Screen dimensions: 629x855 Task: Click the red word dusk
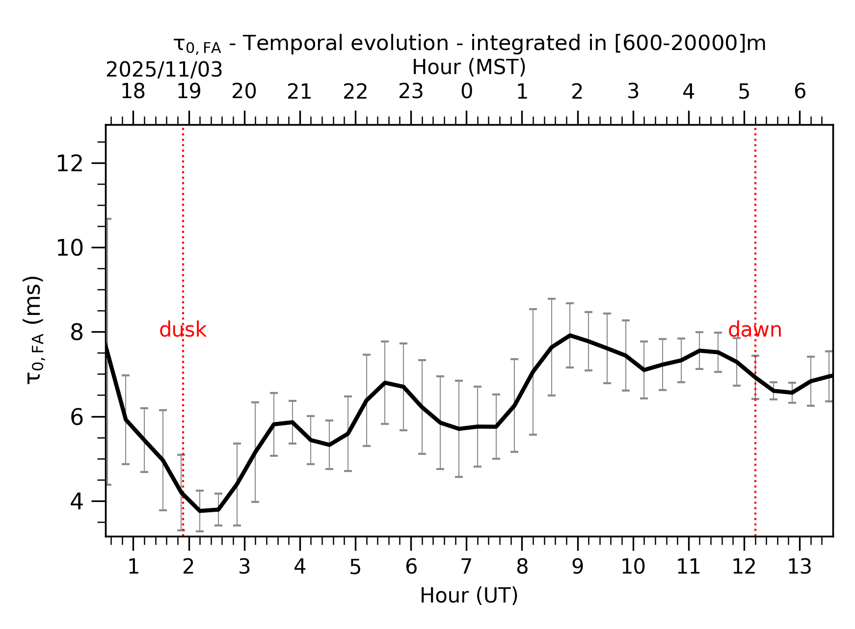click(183, 330)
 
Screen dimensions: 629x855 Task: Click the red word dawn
click(754, 330)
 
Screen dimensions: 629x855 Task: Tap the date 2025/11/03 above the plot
click(164, 70)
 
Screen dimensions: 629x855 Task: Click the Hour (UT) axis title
click(469, 596)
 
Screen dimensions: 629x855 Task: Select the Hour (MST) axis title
click(469, 67)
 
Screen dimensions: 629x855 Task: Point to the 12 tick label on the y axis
click(69, 163)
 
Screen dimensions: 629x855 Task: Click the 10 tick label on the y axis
click(69, 248)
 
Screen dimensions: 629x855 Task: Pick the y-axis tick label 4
click(77, 501)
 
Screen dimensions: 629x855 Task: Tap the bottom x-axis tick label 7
click(466, 567)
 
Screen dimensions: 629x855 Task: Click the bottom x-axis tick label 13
click(799, 567)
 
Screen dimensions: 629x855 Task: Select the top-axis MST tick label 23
click(410, 92)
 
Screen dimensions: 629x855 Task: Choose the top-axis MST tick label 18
click(133, 92)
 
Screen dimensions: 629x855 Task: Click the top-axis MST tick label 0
click(466, 92)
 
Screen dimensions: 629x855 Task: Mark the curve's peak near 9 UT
click(570, 335)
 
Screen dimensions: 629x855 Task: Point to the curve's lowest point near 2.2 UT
click(200, 511)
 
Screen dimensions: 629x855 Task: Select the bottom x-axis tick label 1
click(133, 567)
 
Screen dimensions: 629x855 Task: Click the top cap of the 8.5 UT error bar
click(551, 298)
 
